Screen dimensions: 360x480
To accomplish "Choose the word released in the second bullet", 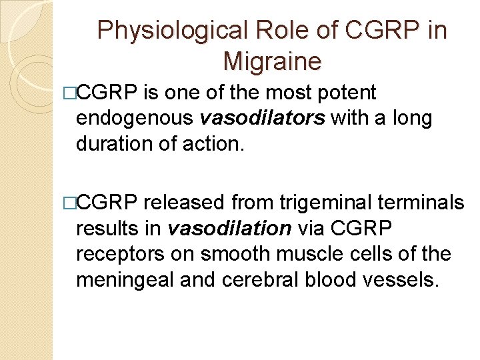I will click(x=186, y=202).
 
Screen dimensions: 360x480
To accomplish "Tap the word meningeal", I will click(x=125, y=281).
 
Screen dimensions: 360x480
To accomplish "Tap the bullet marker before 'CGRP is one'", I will click(x=72, y=93).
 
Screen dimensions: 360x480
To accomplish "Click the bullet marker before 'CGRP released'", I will click(x=72, y=203).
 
